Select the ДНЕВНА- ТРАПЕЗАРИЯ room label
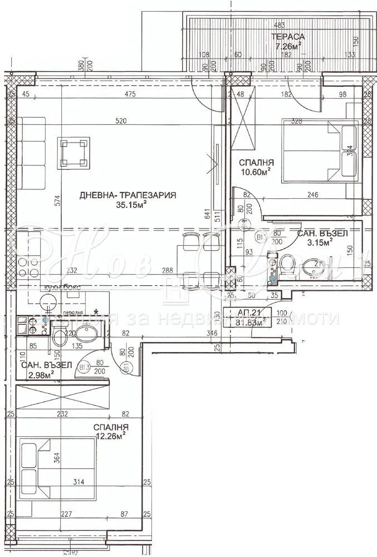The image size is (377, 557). pos(128,196)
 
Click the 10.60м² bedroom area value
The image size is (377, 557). pos(256,172)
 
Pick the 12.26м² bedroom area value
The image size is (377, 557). pos(111,437)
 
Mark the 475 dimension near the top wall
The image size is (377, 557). pos(130,95)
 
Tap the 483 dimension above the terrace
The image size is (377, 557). pos(278,25)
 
